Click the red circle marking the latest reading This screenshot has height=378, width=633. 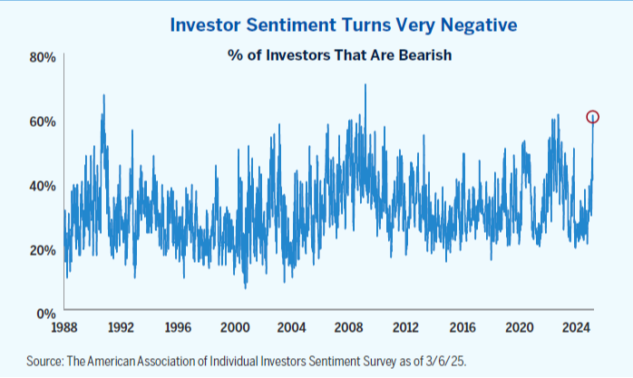pyautogui.click(x=592, y=117)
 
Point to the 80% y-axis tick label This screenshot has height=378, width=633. pyautogui.click(x=43, y=57)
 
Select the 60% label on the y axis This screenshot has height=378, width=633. pyautogui.click(x=43, y=121)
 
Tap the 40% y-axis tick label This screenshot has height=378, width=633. pyautogui.click(x=43, y=186)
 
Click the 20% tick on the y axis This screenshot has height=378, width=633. pyautogui.click(x=43, y=250)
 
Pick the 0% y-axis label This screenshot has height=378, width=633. pyautogui.click(x=46, y=314)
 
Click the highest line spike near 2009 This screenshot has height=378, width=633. pyautogui.click(x=365, y=85)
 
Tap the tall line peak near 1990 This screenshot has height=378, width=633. pyautogui.click(x=103, y=95)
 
